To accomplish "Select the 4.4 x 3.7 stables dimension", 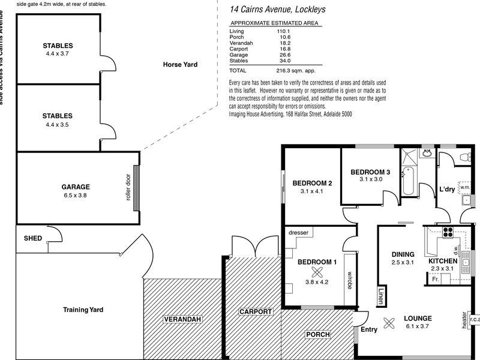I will tap(58, 53).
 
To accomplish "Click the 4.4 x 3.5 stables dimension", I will tap(58, 124).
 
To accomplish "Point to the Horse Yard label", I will tap(179, 65).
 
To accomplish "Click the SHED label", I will tap(33, 238).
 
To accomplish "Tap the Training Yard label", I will tap(83, 310).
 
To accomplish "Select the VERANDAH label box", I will tap(182, 319).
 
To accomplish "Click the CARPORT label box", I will tap(256, 312).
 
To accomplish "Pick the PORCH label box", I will tap(319, 334).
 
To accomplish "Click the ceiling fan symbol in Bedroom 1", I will tap(311, 271).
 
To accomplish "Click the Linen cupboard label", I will tap(382, 296).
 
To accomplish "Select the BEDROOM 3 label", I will tap(371, 172).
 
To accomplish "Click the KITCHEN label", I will tap(443, 262).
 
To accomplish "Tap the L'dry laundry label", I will tap(447, 189).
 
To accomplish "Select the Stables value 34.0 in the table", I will tap(284, 61).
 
